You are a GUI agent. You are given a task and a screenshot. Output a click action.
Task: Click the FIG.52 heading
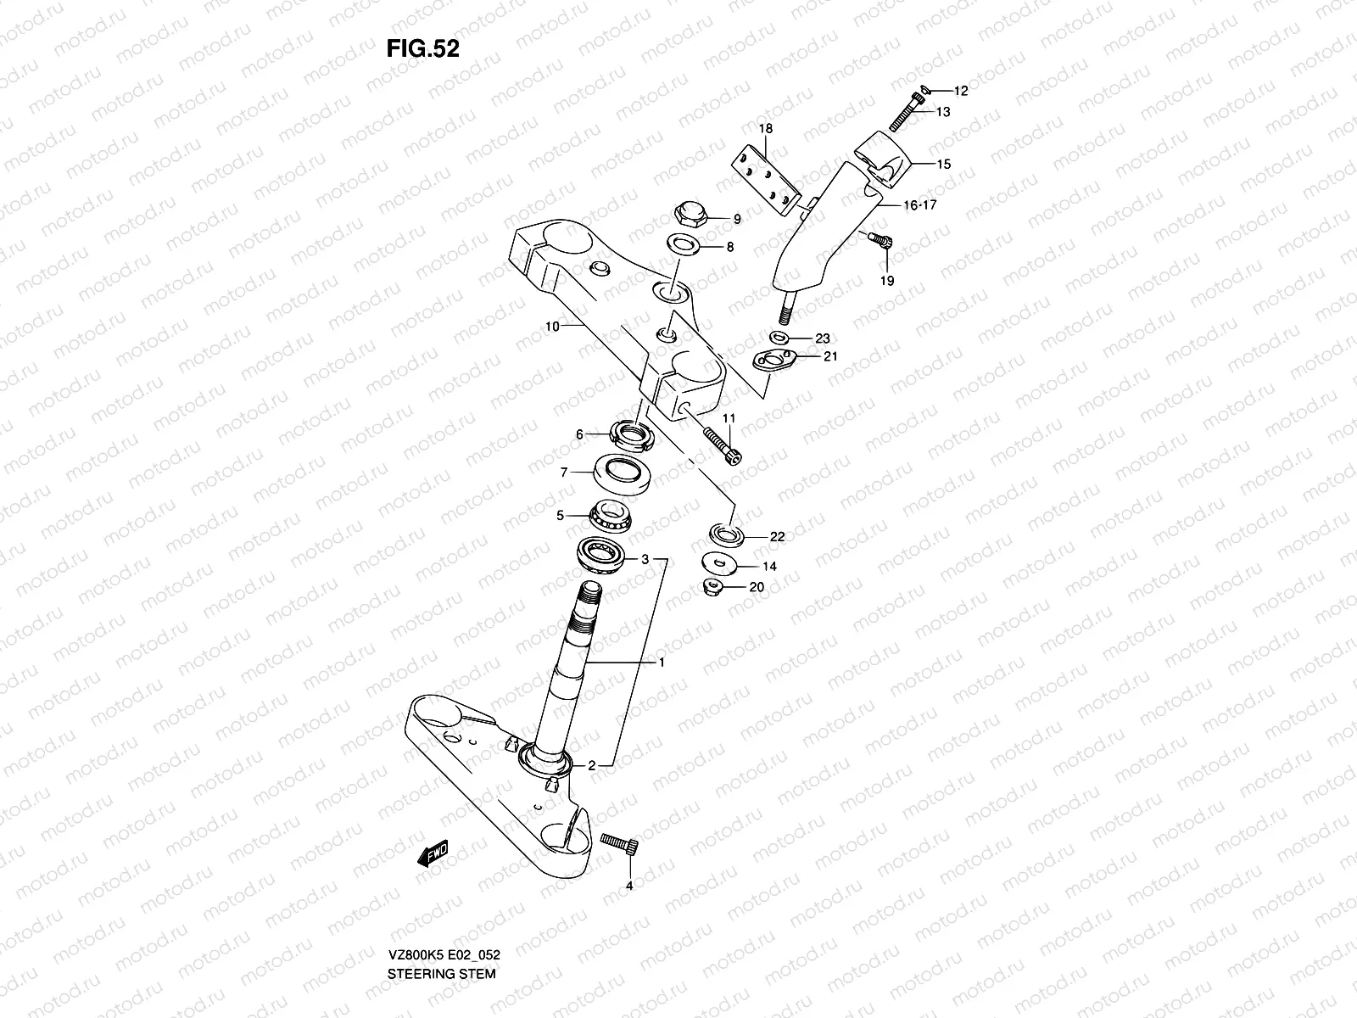423,49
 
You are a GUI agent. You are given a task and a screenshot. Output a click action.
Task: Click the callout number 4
628,887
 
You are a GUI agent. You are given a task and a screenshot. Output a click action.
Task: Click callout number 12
961,90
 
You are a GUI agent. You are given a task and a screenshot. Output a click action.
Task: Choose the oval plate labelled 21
775,361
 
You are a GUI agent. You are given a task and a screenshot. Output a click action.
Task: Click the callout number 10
551,326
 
